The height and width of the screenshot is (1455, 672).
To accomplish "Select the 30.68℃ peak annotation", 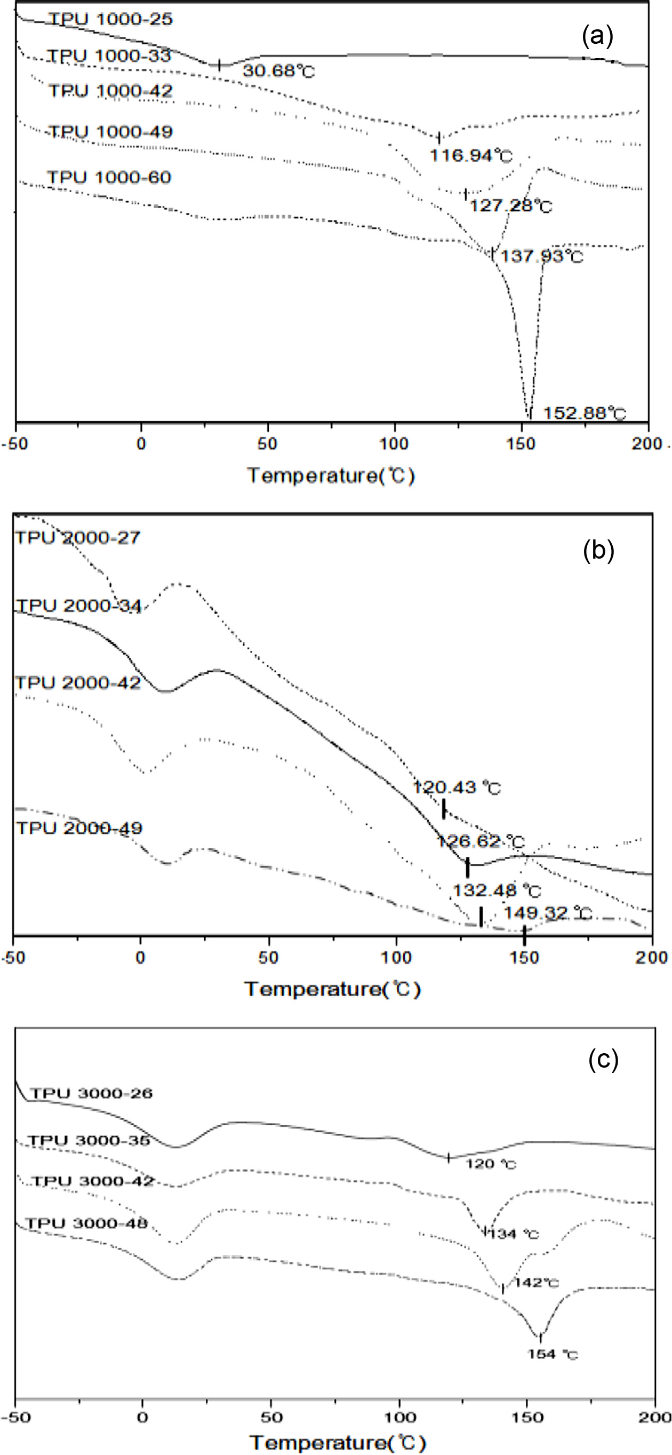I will [x=278, y=71].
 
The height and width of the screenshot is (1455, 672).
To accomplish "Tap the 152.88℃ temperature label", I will [x=585, y=414].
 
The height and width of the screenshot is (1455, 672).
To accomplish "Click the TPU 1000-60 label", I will [x=109, y=177].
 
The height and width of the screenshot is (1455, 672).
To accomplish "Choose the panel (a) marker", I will [x=597, y=36].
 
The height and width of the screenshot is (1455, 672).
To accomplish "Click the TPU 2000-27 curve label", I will [x=78, y=537].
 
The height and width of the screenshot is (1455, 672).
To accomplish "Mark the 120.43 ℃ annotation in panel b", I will [x=457, y=787].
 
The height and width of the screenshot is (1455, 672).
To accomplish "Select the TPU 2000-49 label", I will [x=79, y=829].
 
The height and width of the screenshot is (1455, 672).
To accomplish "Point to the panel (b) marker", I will [x=598, y=550].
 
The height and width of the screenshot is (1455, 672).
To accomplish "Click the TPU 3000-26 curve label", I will [x=92, y=1093].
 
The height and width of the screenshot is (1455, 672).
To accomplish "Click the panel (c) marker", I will [x=603, y=1060].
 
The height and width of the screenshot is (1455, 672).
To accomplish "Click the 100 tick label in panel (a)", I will [x=394, y=444].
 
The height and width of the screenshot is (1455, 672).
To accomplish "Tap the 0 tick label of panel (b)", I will [x=141, y=957].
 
